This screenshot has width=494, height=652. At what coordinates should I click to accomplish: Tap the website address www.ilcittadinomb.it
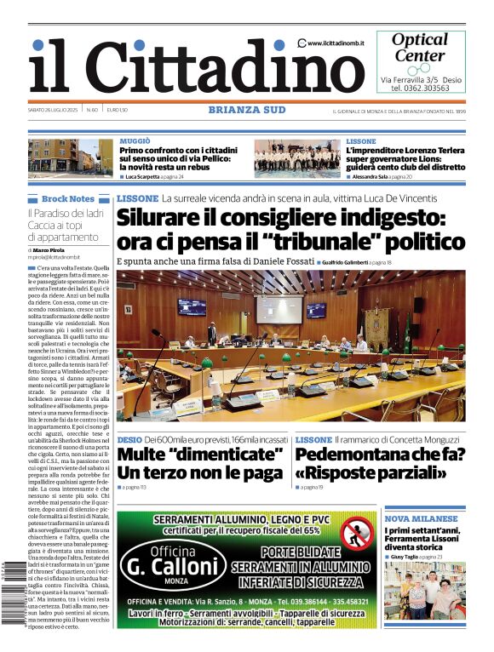click(336, 43)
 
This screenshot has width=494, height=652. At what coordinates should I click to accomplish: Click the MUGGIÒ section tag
click(135, 140)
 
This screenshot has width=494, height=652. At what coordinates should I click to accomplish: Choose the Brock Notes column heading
click(68, 198)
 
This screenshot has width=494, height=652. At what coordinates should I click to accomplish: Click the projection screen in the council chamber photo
click(279, 309)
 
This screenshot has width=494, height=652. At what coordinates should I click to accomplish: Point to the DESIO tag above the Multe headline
click(129, 439)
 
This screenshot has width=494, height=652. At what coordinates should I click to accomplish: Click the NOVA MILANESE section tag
click(422, 518)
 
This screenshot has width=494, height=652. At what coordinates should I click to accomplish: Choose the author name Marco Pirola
click(49, 249)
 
